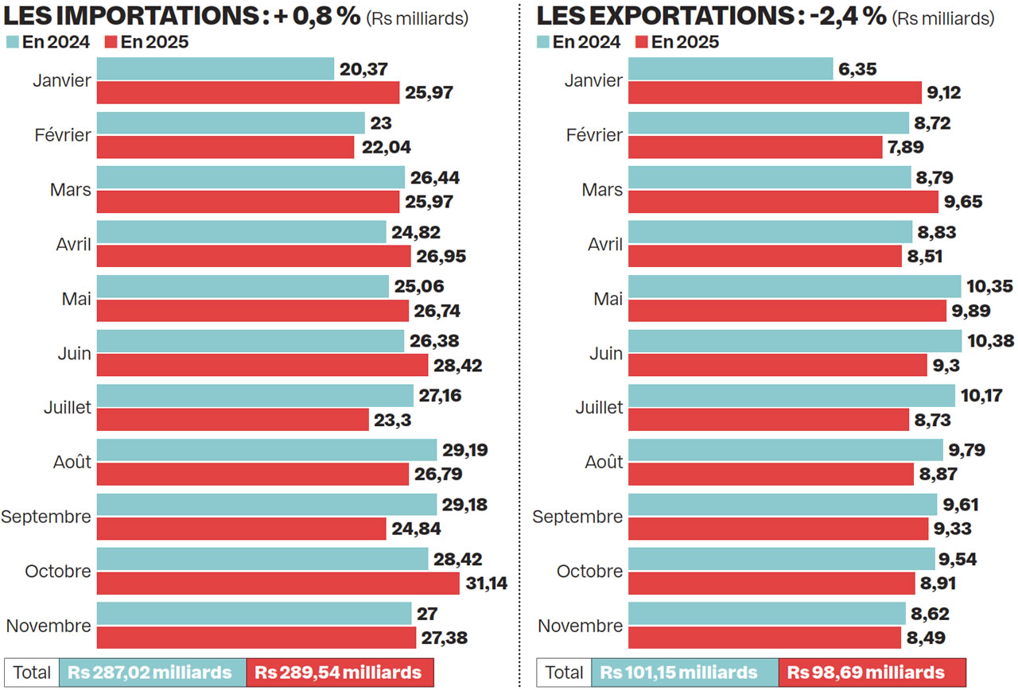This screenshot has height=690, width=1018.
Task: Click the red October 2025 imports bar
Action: coord(278,583)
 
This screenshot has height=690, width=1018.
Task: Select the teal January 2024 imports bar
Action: coord(216,69)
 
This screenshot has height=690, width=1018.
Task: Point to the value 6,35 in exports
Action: coord(857,69)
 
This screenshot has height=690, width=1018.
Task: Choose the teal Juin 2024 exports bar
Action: coord(795,341)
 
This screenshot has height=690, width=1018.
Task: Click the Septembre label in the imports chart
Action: coord(46,517)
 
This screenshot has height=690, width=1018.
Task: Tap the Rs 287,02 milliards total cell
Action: coord(152,673)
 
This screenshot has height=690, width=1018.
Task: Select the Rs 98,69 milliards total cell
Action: coord(872,673)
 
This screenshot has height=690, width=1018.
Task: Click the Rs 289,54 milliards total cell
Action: coord(340,673)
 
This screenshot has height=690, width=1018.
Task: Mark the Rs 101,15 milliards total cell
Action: coord(683,673)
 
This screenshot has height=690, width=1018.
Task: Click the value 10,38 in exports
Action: coord(989,341)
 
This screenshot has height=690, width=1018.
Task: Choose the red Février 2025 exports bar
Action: coord(755,147)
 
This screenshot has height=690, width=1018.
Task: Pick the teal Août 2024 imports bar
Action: coord(266,450)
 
